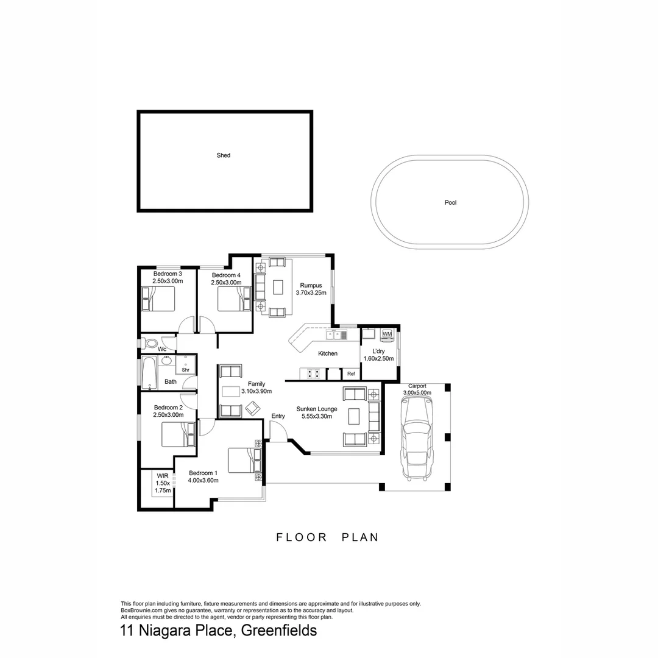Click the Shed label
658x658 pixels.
pyautogui.click(x=224, y=155)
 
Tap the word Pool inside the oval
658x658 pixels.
pyautogui.click(x=450, y=202)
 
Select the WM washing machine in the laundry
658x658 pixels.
pyautogui.click(x=387, y=334)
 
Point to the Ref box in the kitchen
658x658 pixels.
pyautogui.click(x=351, y=374)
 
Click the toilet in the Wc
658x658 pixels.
pyautogui.click(x=150, y=344)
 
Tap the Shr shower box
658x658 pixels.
pyautogui.click(x=185, y=369)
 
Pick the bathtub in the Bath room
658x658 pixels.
pyautogui.click(x=149, y=373)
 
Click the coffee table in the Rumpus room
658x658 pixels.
pyautogui.click(x=278, y=286)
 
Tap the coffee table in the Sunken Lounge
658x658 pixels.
pyautogui.click(x=354, y=416)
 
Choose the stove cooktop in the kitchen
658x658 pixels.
pyautogui.click(x=313, y=374)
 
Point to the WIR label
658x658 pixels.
pyautogui.click(x=162, y=475)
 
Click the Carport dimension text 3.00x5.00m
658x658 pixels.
pyautogui.click(x=417, y=393)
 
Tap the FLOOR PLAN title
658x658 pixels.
pyautogui.click(x=328, y=537)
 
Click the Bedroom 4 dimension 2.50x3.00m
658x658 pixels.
pyautogui.click(x=226, y=282)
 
